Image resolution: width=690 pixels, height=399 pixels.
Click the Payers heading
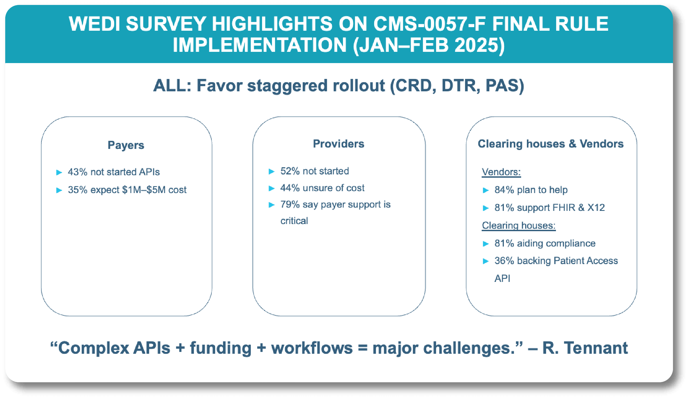point(126,145)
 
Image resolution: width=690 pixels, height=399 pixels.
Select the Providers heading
point(339,144)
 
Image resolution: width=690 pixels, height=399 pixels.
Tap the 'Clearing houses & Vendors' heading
point(550,144)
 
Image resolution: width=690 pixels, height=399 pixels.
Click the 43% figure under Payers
point(78,172)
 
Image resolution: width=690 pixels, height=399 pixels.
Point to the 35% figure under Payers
point(78,190)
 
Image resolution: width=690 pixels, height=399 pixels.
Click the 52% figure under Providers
point(290,171)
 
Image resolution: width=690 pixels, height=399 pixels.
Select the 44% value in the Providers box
point(290,188)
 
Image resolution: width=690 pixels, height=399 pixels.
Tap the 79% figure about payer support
point(290,205)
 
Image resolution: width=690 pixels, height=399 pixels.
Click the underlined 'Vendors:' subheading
point(501,172)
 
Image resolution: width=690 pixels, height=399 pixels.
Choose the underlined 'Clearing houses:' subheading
point(519,225)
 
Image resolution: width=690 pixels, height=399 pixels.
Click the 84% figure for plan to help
point(504,190)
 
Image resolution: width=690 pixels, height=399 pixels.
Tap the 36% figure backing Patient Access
point(504,261)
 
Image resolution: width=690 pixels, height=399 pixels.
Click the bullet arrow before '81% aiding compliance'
point(486,244)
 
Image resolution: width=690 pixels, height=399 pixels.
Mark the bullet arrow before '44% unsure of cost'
point(272,188)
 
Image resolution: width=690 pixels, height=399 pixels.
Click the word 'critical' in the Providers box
point(294,221)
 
